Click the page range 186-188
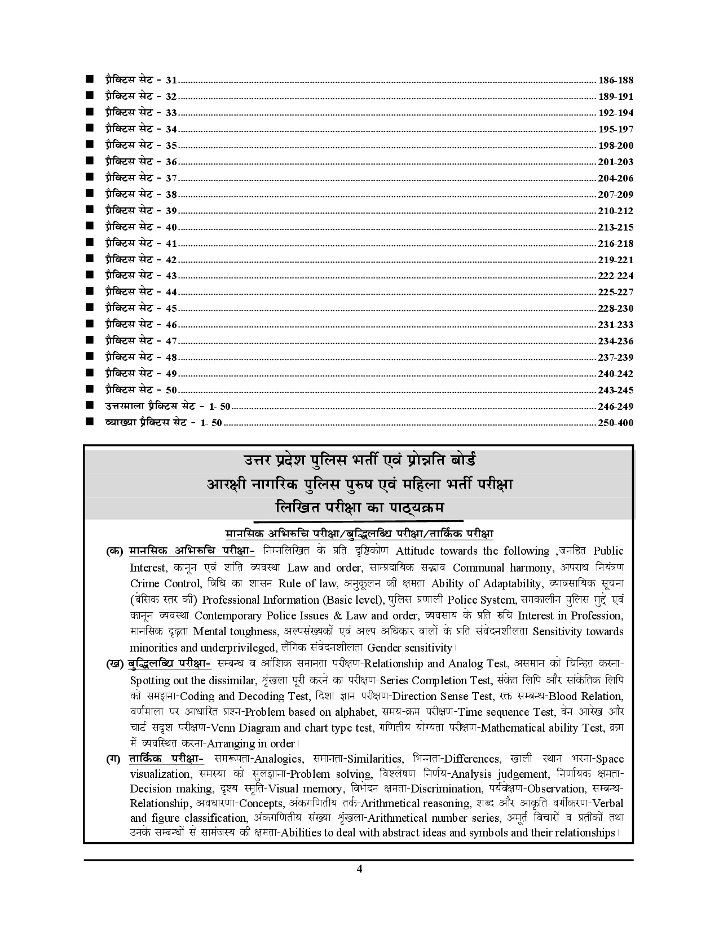pyautogui.click(x=615, y=80)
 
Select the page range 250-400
pyautogui.click(x=615, y=423)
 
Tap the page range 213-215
pyautogui.click(x=615, y=227)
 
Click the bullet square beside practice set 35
pyautogui.click(x=90, y=145)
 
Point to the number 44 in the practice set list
pyautogui.click(x=171, y=292)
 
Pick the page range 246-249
pyautogui.click(x=615, y=406)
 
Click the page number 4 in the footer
pyautogui.click(x=359, y=884)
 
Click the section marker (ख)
pyautogui.click(x=115, y=664)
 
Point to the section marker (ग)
pyautogui.click(x=113, y=759)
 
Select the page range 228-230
pyautogui.click(x=615, y=308)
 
